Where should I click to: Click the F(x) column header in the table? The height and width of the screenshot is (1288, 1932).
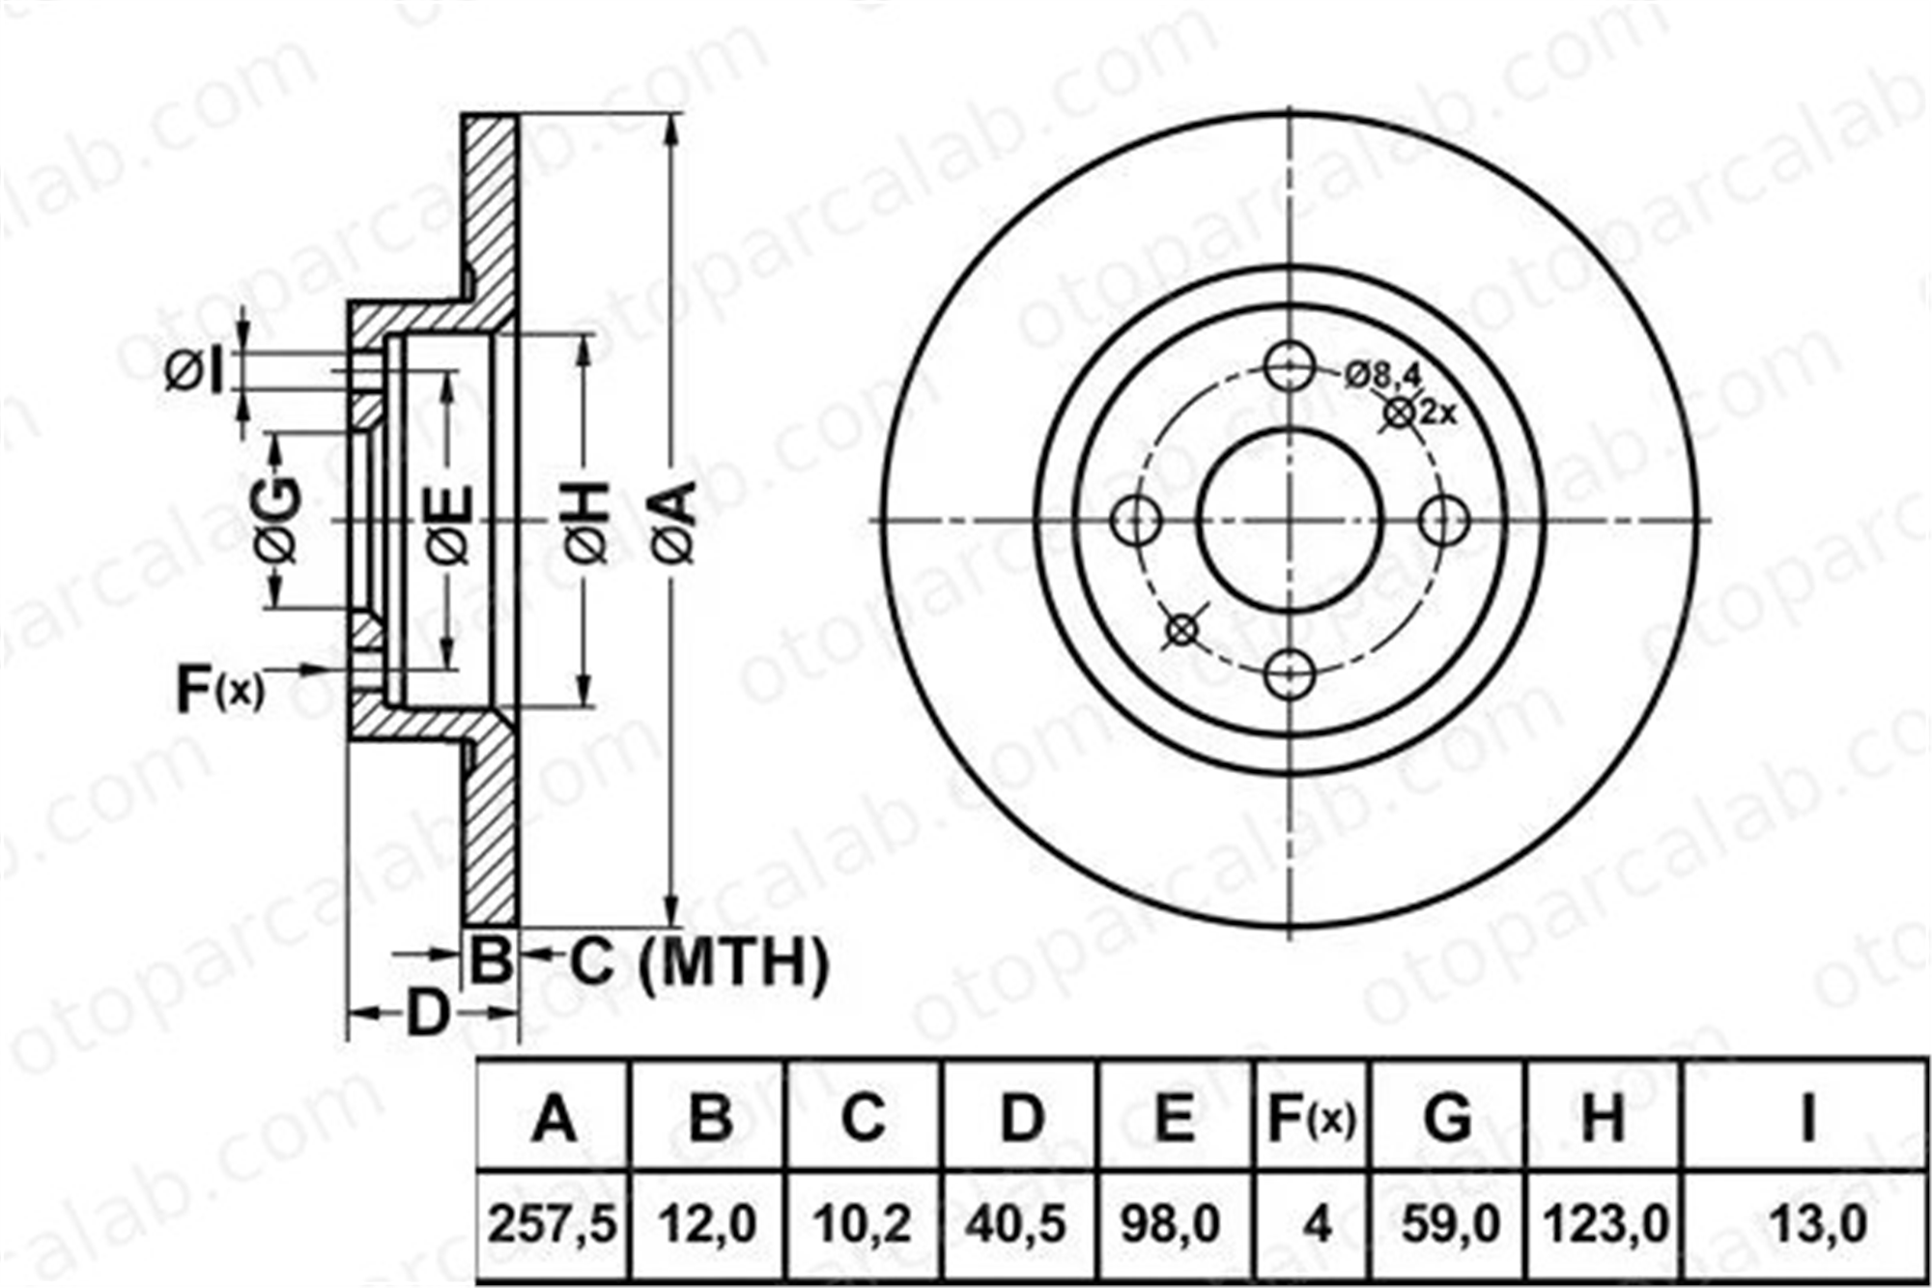pos(1312,1118)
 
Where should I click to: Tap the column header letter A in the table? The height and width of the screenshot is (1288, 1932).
pos(554,1119)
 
